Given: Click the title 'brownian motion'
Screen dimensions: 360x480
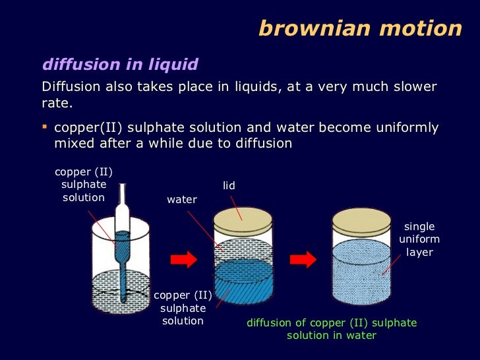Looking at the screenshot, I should tap(360, 28).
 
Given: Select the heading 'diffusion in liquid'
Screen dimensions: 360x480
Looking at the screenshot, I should tap(120, 64).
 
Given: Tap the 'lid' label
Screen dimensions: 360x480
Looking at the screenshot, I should tap(228, 187).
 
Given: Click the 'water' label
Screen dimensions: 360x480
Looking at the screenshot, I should tap(182, 199).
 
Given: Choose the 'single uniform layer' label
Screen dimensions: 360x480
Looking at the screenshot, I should tap(419, 239).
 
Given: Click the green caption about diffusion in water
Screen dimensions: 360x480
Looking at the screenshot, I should tap(332, 329).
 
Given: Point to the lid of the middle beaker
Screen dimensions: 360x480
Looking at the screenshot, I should tap(243, 220).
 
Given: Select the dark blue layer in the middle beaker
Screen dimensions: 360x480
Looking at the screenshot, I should tap(243, 280).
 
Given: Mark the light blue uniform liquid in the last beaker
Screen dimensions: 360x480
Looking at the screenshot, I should tap(362, 270).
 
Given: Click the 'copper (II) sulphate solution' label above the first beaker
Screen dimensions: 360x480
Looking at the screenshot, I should tap(84, 185).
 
